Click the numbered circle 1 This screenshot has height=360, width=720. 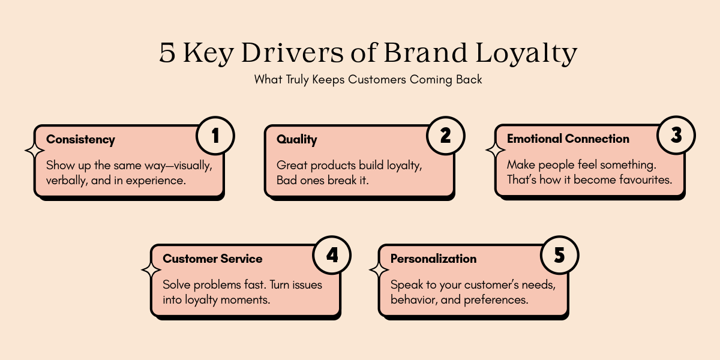click(215, 136)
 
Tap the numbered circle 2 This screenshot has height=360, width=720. click(445, 136)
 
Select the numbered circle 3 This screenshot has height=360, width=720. click(676, 136)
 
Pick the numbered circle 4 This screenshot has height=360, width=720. click(332, 256)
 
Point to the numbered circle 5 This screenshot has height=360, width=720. click(559, 256)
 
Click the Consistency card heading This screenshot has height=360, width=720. click(80, 139)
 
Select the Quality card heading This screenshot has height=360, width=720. click(296, 139)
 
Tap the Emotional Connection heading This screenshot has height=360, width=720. click(568, 139)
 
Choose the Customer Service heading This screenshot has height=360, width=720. click(212, 259)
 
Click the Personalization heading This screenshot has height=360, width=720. click(433, 259)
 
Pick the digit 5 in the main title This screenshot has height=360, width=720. click(168, 54)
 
